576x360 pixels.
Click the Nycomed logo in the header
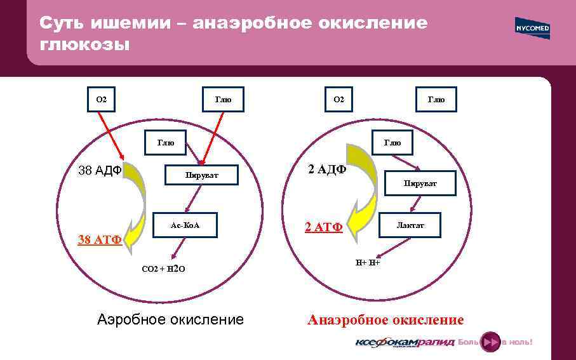tap(532, 29)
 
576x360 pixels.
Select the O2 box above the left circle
tap(102, 99)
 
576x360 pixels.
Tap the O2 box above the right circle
tap(339, 99)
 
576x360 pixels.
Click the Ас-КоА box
tap(185, 225)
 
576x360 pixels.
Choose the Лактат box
tap(410, 225)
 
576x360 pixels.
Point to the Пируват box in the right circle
tap(420, 183)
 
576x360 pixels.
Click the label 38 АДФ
tap(99, 170)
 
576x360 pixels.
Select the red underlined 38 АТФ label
tap(99, 239)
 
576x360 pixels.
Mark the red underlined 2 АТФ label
tap(324, 227)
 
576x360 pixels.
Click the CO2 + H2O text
tap(163, 269)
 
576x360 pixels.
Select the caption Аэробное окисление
tap(170, 319)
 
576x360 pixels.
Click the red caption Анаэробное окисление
tap(385, 320)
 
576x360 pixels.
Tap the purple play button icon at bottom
tap(490, 342)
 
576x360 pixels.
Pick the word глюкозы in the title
tap(84, 45)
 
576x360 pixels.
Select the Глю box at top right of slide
tap(436, 99)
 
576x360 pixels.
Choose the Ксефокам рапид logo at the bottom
tap(404, 342)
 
